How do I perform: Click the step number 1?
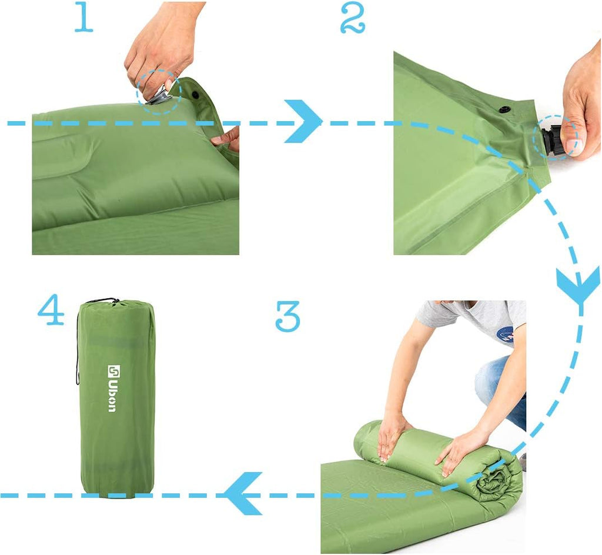(83, 19)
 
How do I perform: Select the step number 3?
(288, 316)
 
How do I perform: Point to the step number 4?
(51, 312)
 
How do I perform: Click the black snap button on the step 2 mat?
(504, 109)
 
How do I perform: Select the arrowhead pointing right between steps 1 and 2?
(304, 122)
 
